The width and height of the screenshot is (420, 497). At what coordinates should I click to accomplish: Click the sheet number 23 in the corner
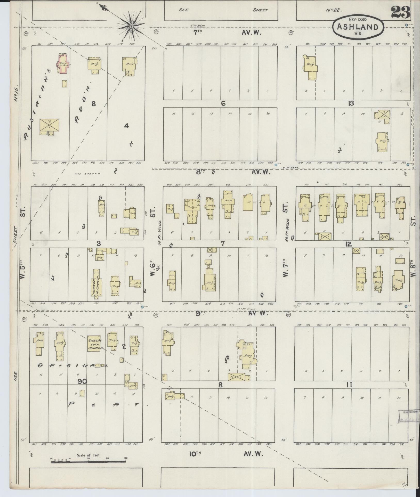(400, 12)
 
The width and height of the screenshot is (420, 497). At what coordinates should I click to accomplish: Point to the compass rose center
(131, 26)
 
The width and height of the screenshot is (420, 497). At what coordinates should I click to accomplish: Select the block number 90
(81, 381)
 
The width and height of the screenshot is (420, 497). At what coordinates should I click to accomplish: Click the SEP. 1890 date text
(358, 19)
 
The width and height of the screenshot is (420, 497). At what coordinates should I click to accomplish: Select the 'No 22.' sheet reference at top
(334, 10)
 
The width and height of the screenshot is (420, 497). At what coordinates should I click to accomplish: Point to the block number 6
(223, 104)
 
